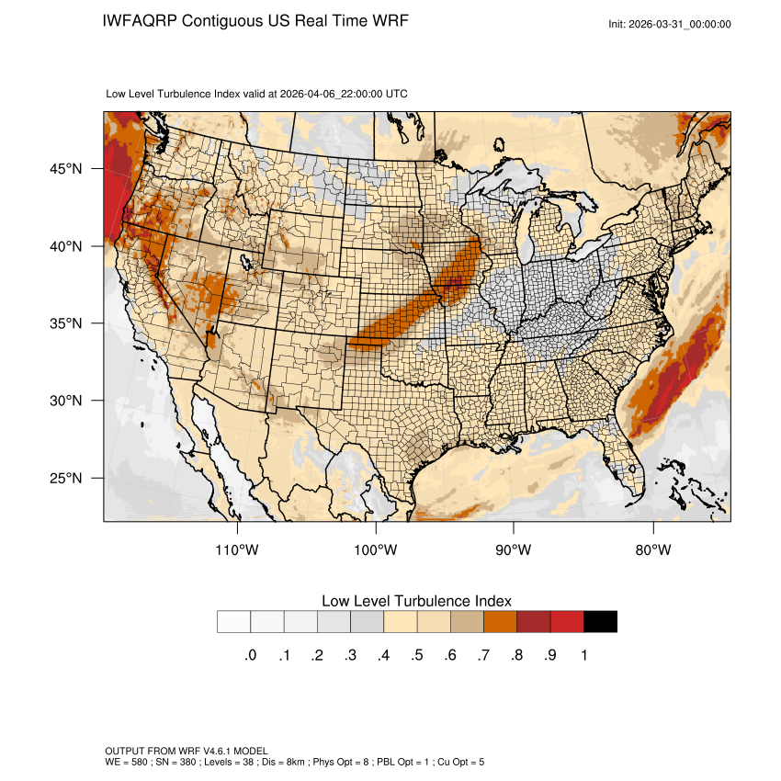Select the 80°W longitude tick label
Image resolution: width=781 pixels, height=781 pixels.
(653, 551)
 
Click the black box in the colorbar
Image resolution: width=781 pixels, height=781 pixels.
(600, 622)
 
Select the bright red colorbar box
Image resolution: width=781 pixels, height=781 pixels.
(567, 622)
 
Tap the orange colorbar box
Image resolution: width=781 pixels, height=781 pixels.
(501, 622)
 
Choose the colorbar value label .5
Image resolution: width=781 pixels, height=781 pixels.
(416, 655)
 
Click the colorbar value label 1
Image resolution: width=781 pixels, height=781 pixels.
(583, 655)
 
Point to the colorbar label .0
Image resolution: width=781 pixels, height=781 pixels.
(250, 655)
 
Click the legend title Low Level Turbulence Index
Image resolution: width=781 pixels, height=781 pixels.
(416, 601)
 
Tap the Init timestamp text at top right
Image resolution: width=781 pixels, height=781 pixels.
(670, 24)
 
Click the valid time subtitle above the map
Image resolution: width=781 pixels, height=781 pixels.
(257, 94)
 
